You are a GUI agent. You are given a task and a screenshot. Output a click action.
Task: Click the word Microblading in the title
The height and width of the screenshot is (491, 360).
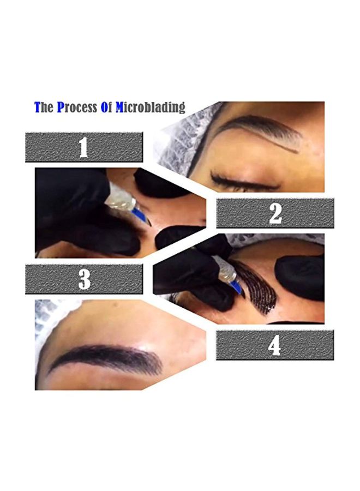click(150, 107)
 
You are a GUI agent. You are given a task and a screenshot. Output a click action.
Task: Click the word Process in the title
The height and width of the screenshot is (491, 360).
click(77, 107)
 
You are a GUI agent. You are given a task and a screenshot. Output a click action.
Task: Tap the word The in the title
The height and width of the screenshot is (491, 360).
click(44, 107)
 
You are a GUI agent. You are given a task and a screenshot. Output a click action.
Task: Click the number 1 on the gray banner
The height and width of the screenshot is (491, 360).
click(83, 147)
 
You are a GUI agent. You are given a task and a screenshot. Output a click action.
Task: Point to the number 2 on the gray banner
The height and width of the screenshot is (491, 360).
click(275, 213)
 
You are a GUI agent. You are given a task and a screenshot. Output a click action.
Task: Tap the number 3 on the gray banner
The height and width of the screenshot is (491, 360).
click(84, 279)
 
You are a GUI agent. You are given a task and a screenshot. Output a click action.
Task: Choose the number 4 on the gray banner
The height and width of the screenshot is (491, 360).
click(274, 345)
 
